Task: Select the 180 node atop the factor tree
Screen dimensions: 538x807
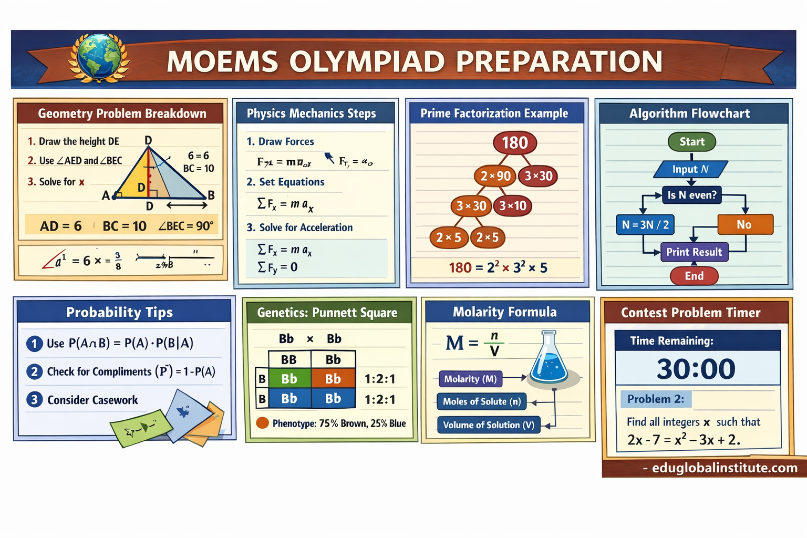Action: (x=514, y=143)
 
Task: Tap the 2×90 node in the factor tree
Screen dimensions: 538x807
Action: (x=495, y=176)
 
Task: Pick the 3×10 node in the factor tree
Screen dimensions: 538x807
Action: (x=513, y=205)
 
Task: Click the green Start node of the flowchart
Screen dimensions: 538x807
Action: (x=691, y=142)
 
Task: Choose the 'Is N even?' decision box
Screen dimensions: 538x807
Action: (x=691, y=195)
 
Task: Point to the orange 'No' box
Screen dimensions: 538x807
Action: (x=744, y=224)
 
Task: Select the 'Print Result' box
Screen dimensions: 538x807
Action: (x=694, y=252)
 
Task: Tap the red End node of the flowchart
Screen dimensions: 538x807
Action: (x=694, y=276)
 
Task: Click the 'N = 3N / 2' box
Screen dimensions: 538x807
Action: (x=645, y=225)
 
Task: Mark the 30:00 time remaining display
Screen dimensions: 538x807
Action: (x=696, y=368)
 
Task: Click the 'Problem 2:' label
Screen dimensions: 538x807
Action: (x=656, y=399)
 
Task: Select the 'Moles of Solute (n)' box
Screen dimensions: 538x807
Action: (x=481, y=402)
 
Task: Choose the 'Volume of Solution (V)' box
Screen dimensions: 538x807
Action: (x=488, y=425)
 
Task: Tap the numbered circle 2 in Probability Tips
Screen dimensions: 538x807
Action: (x=34, y=371)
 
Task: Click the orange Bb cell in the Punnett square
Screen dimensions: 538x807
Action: (x=333, y=379)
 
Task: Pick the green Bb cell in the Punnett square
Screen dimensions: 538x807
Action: (x=289, y=379)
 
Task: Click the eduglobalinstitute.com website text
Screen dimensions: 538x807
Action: (x=725, y=468)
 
